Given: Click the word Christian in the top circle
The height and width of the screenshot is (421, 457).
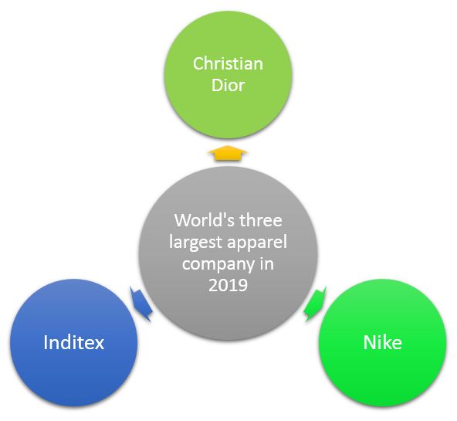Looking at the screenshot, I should click(x=228, y=63).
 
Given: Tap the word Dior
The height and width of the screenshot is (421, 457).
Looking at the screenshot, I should click(x=228, y=85).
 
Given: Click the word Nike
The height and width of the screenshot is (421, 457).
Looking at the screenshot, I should click(x=382, y=342).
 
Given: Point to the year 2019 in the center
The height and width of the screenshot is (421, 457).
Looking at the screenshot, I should click(x=228, y=286).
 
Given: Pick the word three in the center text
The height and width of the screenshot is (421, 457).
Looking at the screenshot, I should click(x=262, y=219).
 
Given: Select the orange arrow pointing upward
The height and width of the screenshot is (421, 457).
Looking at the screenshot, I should click(x=228, y=153).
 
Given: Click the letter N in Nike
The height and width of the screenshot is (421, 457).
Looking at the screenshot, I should click(x=368, y=342).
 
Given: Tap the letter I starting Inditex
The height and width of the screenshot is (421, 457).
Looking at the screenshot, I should click(x=46, y=342).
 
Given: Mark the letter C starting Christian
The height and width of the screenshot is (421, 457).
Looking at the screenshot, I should click(x=198, y=63).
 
